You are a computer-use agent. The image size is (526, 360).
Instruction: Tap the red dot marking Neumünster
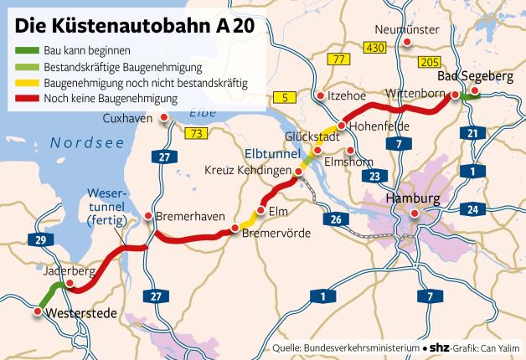407,41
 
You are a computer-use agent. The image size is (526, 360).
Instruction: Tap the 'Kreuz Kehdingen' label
246,169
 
